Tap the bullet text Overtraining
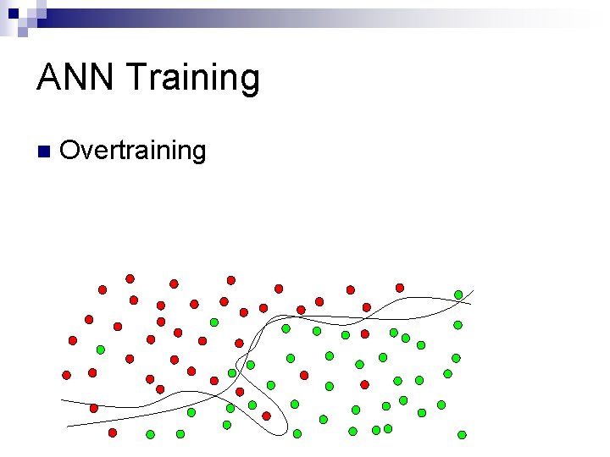[133, 151]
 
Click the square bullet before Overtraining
[43, 152]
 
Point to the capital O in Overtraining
[70, 151]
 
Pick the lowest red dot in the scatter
[112, 432]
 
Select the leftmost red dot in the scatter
[66, 375]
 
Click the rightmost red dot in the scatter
[400, 288]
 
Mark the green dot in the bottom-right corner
[462, 435]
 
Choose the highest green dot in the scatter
[458, 295]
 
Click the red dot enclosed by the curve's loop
[266, 416]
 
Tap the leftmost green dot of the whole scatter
[100, 350]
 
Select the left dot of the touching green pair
[377, 430]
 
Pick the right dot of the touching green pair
[387, 429]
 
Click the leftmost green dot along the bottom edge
[150, 434]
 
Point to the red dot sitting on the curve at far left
[94, 408]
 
